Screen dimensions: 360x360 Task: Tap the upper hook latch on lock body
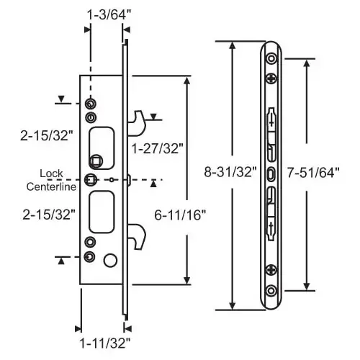pos(140,122)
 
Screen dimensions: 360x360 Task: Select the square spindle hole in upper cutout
pos(96,160)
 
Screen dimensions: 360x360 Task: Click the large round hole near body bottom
pos(110,259)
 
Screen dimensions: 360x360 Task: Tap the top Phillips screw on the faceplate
pos(271,78)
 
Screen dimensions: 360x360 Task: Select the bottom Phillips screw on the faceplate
pos(271,271)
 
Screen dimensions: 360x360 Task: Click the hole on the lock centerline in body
pos(91,179)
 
